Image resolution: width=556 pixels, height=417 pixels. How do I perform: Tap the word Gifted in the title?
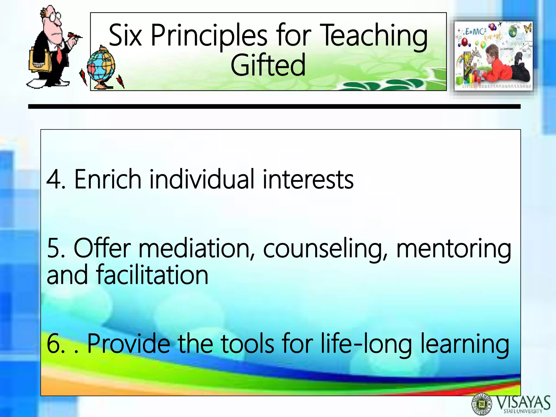tap(268, 65)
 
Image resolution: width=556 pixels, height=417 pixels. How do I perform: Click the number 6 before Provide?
tap(54, 344)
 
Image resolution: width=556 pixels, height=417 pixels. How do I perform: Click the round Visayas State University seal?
tap(482, 405)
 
